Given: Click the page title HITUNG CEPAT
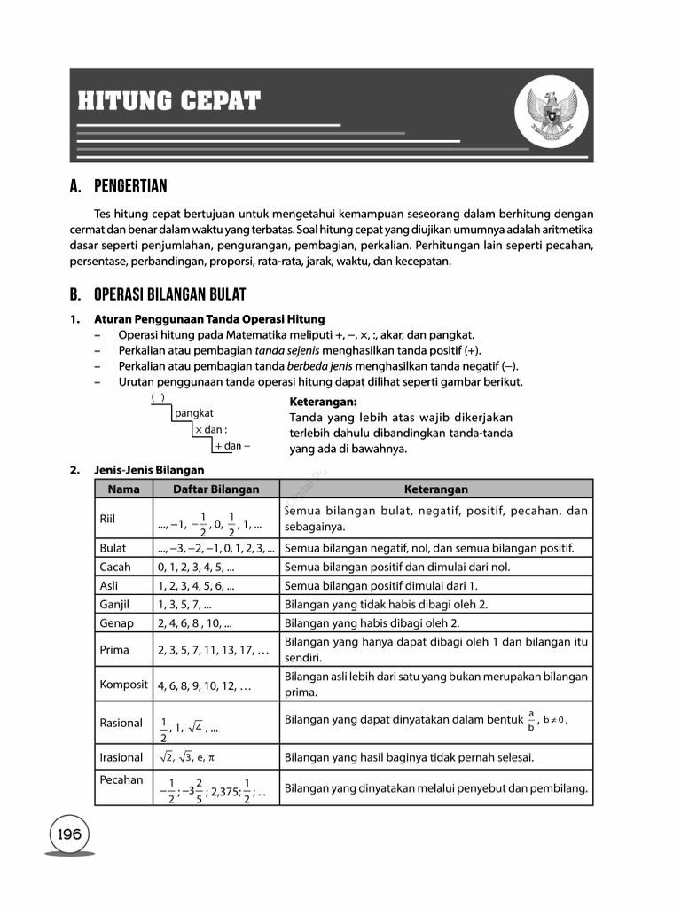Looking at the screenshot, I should click(169, 101).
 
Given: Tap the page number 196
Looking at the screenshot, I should click(69, 834).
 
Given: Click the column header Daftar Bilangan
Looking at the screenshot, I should click(215, 489).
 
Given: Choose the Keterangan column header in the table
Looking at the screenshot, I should click(435, 489).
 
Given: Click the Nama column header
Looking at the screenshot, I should click(123, 489).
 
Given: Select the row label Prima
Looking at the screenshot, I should click(114, 650).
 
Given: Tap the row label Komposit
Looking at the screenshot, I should click(122, 684).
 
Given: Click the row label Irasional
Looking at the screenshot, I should click(121, 757).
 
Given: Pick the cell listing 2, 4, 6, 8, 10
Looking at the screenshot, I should click(196, 622).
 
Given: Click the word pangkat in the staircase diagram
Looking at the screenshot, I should click(194, 413).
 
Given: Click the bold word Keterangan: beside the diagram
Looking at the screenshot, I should click(323, 402).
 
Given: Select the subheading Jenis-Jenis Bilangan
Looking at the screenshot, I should click(149, 470).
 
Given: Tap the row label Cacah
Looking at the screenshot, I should click(115, 567).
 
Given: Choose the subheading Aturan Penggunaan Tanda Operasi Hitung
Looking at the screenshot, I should click(209, 319).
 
